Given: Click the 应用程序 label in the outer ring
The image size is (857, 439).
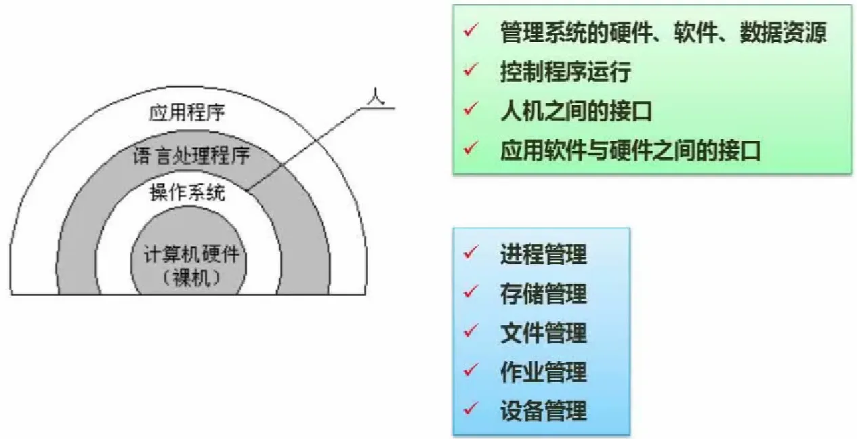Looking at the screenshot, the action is pyautogui.click(x=187, y=112).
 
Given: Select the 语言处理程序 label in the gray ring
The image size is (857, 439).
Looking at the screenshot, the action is pyautogui.click(x=192, y=156).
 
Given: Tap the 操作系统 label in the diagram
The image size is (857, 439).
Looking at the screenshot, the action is pyautogui.click(x=188, y=194).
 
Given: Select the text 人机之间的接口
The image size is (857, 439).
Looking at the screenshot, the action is pyautogui.click(x=576, y=110).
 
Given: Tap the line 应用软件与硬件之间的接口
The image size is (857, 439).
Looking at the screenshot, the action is pyautogui.click(x=630, y=150).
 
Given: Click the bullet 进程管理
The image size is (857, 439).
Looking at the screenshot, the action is pyautogui.click(x=543, y=255).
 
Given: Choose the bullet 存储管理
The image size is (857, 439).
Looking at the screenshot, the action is pyautogui.click(x=543, y=294).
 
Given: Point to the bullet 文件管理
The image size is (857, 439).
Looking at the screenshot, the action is pyautogui.click(x=543, y=333).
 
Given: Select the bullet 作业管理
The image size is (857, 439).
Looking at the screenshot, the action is pyautogui.click(x=543, y=372).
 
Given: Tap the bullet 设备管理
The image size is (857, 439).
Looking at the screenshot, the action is pyautogui.click(x=543, y=411).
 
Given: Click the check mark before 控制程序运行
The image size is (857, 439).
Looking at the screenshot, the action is pyautogui.click(x=472, y=70).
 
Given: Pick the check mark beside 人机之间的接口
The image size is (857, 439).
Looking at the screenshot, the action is pyautogui.click(x=472, y=109).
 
